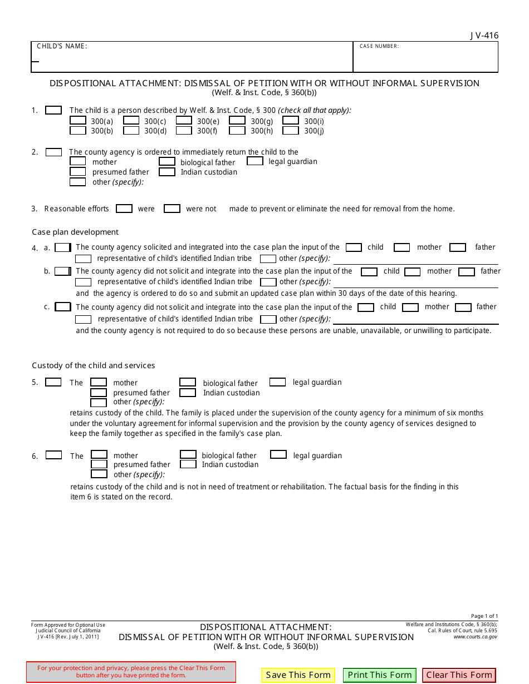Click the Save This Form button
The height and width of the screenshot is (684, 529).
coord(298,675)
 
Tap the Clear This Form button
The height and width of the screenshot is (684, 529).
coord(459,675)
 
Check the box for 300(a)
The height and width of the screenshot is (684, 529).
coord(78,121)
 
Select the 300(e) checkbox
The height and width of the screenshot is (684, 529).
coord(184,121)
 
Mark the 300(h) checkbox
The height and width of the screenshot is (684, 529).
coord(237,131)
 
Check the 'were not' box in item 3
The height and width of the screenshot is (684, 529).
coord(172,209)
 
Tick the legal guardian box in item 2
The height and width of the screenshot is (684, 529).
coord(255,161)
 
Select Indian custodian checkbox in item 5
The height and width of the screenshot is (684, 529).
coord(188,393)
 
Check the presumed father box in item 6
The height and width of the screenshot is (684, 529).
coord(99,464)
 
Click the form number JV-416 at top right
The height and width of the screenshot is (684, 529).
coord(484,36)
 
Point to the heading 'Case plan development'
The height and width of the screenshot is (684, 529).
coord(75,232)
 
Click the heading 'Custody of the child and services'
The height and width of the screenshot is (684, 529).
coord(94,365)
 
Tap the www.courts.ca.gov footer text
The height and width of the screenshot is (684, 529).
coord(475,637)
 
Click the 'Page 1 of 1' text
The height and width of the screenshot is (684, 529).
coord(484,616)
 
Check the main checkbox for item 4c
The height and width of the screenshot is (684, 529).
coord(63,307)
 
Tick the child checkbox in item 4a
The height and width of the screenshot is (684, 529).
coord(354,247)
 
